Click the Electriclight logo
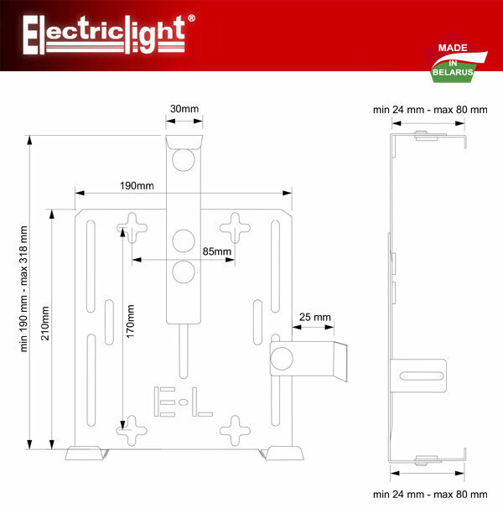point(106,34)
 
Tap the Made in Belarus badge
point(454,62)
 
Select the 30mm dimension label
point(184,109)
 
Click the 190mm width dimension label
point(137,185)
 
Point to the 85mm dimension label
point(216,251)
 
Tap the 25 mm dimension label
point(315,318)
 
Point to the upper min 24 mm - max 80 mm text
point(429,109)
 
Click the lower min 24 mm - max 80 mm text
point(429,495)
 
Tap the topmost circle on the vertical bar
point(184,158)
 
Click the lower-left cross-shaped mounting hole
point(132,432)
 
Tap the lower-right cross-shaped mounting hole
point(235,432)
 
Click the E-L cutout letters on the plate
point(184,402)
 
